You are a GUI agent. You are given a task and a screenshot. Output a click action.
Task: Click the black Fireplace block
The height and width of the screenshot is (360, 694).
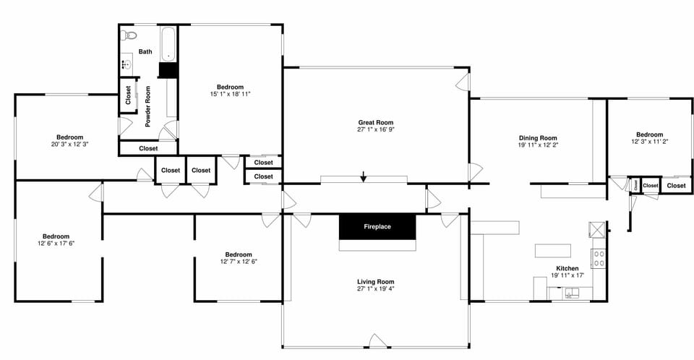(377, 226)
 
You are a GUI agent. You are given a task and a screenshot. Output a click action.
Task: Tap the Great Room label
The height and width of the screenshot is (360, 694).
(375, 122)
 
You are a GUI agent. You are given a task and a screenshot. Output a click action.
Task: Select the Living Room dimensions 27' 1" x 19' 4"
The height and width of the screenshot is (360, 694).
(375, 288)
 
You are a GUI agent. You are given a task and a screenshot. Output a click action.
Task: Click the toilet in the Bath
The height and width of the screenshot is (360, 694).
(130, 35)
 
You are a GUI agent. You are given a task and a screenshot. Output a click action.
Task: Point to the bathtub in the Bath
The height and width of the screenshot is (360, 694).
(168, 44)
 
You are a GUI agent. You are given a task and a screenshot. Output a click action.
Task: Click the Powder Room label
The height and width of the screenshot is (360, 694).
(147, 107)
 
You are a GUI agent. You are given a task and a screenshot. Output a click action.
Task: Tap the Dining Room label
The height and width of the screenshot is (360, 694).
(538, 137)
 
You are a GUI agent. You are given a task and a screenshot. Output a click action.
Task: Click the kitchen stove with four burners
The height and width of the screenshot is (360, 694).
(599, 258)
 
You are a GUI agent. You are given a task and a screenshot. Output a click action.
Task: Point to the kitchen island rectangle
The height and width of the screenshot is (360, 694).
(552, 251)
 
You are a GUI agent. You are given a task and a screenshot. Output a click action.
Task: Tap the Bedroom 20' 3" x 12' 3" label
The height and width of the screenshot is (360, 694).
(70, 137)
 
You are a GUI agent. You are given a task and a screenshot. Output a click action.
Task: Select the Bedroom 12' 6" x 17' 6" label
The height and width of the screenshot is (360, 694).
(55, 236)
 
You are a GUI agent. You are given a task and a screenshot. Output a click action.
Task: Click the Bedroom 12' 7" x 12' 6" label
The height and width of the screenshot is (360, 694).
(238, 254)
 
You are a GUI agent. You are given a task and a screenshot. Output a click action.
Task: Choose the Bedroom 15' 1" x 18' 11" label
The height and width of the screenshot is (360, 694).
(230, 87)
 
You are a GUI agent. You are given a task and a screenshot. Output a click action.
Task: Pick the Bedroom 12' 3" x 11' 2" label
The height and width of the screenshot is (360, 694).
(649, 134)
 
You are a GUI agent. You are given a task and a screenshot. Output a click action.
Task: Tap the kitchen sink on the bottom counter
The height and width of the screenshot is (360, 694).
(571, 293)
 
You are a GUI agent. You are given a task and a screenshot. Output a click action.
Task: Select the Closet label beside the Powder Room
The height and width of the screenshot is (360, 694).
(128, 95)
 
